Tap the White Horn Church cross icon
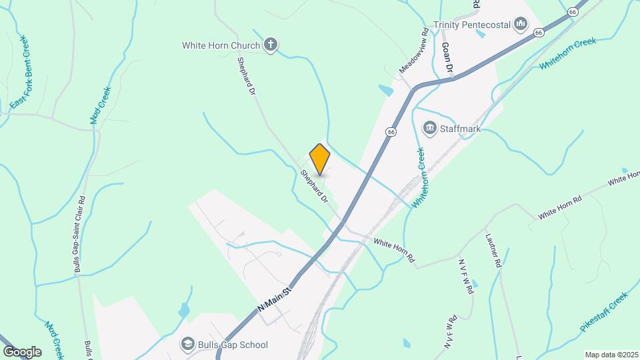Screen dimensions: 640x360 [270, 45]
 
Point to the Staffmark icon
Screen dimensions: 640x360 [430, 128]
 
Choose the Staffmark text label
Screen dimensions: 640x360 [461, 128]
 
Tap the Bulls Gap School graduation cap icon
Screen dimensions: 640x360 [187, 345]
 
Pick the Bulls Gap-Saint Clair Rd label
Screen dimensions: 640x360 [80, 233]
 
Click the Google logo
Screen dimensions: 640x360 [22, 351]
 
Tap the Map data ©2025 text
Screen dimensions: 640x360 [610, 355]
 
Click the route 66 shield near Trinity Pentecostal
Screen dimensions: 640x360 [572, 11]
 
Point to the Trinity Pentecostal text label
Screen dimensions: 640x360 [472, 25]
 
